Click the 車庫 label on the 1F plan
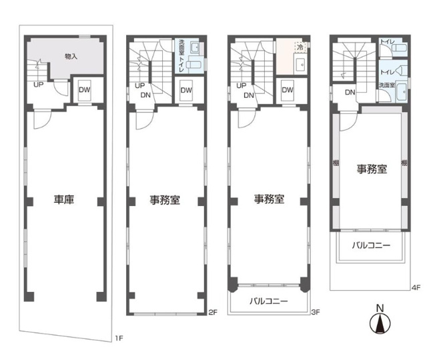click(64, 199)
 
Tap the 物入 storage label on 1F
click(71, 57)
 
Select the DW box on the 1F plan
click(85, 90)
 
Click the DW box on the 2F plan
click(186, 90)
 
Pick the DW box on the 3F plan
click(288, 90)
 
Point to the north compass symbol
click(380, 321)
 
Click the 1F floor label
click(119, 338)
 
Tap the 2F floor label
click(213, 312)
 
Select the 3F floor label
click(316, 312)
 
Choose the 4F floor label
click(416, 288)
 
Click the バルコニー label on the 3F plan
click(269, 301)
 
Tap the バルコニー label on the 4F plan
click(371, 245)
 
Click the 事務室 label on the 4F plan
click(372, 169)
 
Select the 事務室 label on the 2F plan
click(165, 199)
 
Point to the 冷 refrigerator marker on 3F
click(300, 47)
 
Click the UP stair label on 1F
click(39, 85)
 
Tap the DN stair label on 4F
click(350, 92)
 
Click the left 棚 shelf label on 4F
click(336, 163)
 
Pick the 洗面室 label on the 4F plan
click(387, 85)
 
